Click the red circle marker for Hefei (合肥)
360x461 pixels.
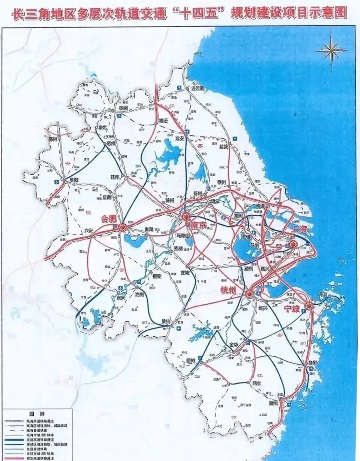pos(122,227)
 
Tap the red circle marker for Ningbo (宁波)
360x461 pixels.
pos(308,306)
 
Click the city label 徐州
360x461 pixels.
pos(123,108)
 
